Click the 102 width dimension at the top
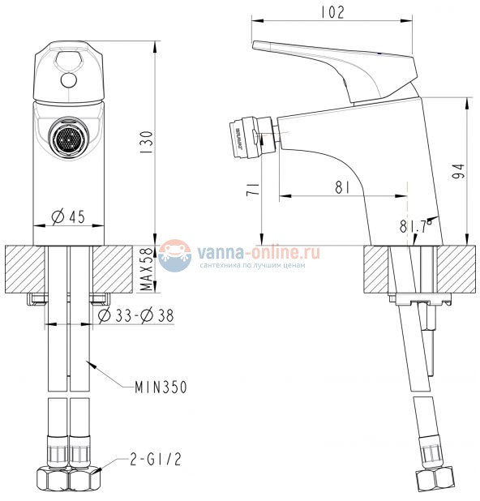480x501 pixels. pos(332,11)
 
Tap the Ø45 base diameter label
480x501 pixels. pos(69,216)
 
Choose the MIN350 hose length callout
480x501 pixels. pos(160,388)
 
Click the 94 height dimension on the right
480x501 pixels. pos(459,171)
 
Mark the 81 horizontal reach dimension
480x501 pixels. pos(342,187)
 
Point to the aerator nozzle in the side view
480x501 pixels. pos(243,138)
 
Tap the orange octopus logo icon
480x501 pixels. pos(175,255)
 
